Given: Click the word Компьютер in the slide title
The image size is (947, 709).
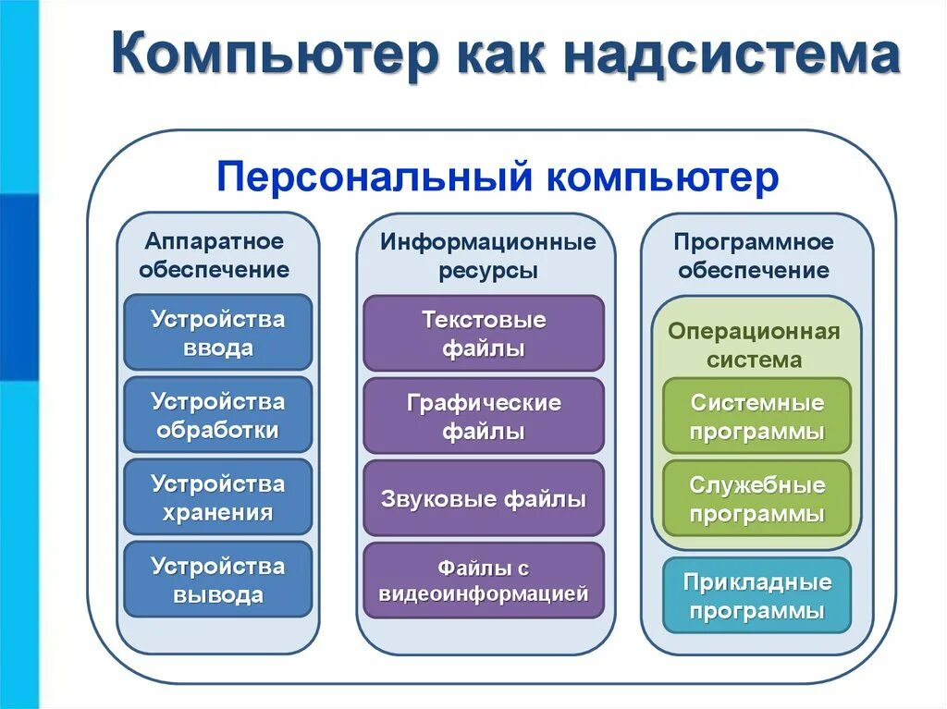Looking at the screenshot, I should pyautogui.click(x=274, y=55).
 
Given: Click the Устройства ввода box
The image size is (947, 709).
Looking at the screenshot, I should pyautogui.click(x=217, y=333).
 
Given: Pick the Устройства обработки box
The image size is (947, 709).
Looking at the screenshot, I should pyautogui.click(x=217, y=415).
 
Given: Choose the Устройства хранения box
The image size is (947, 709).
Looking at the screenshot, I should pyautogui.click(x=217, y=497).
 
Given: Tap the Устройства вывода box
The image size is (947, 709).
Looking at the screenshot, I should pyautogui.click(x=217, y=580).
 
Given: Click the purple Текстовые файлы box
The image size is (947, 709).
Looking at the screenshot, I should pyautogui.click(x=483, y=334).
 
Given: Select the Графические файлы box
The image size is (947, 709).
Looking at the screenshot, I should pyautogui.click(x=483, y=416).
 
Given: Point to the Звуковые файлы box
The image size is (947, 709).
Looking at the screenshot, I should pyautogui.click(x=483, y=499).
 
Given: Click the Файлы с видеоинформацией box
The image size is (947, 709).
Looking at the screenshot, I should pyautogui.click(x=483, y=581).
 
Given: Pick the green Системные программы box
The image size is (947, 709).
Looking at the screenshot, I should pyautogui.click(x=756, y=416).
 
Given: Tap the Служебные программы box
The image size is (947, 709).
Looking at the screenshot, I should pyautogui.click(x=756, y=498).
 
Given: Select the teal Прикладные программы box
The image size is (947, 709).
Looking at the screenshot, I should pyautogui.click(x=756, y=595).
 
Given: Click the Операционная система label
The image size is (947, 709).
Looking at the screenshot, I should pyautogui.click(x=754, y=345).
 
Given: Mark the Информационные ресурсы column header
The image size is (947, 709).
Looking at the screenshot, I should pyautogui.click(x=487, y=255).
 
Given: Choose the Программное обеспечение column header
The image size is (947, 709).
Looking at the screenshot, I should pyautogui.click(x=754, y=256).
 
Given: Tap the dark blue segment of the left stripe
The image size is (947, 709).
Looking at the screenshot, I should pyautogui.click(x=18, y=287).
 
